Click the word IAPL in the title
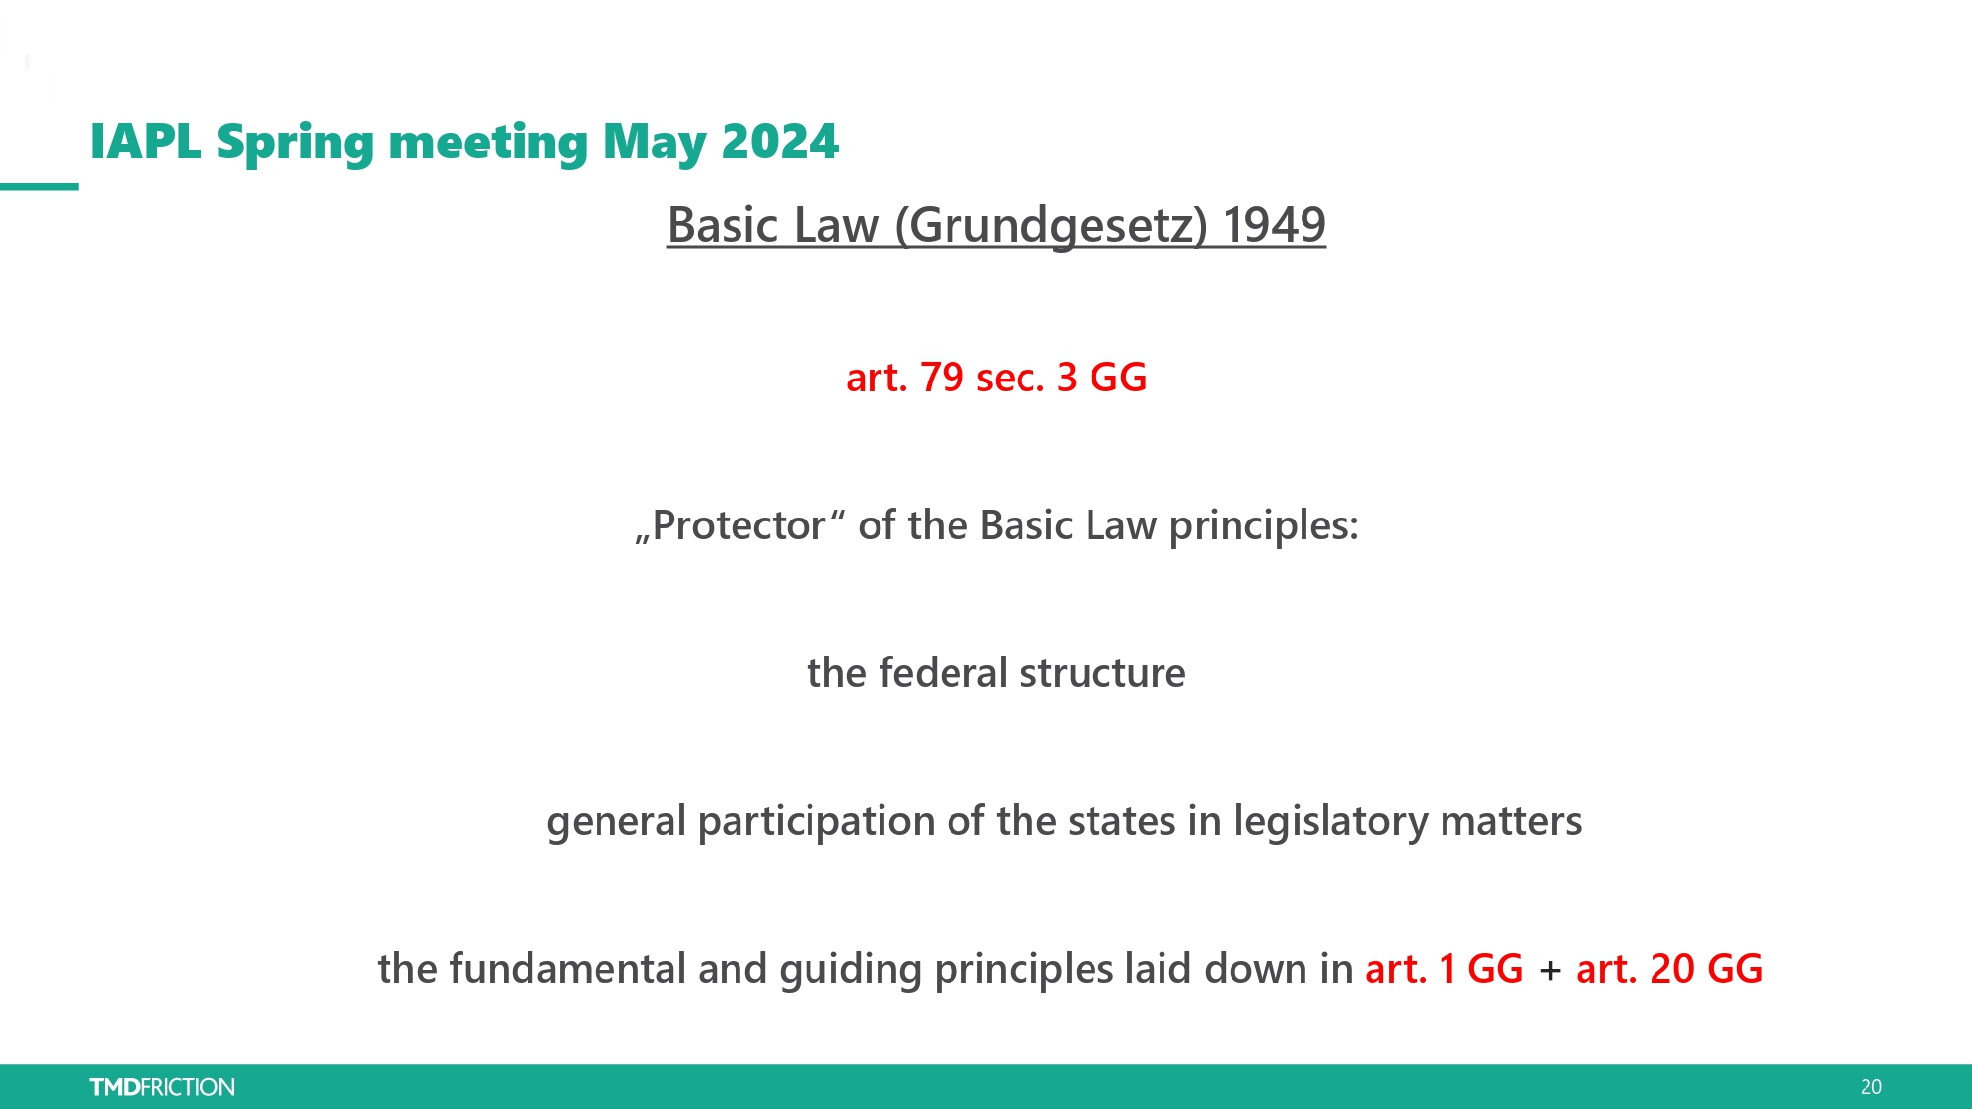point(146,141)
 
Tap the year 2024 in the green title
point(780,141)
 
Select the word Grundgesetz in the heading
point(1051,226)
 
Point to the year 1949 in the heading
point(1274,225)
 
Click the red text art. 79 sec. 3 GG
point(997,378)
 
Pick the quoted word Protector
point(740,525)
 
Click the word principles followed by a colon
point(1263,526)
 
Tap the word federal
point(944,673)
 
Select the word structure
point(1103,674)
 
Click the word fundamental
point(567,969)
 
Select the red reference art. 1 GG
point(1444,969)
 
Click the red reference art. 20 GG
point(1669,969)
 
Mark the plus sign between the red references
point(1550,971)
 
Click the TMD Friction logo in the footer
point(162,1087)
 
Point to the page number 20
point(1871,1087)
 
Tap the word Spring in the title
point(295,144)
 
